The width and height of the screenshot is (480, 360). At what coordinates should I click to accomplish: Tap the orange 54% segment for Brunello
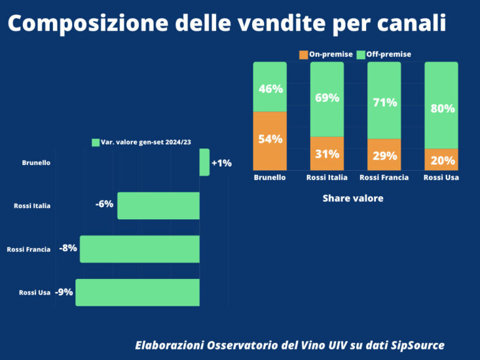270,139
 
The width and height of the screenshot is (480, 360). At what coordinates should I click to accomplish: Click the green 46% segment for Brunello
270,87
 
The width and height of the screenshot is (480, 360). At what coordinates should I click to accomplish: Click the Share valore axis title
352,198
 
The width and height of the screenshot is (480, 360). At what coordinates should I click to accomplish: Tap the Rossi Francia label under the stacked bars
384,177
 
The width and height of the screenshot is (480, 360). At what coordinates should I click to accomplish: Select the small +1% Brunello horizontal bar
204,162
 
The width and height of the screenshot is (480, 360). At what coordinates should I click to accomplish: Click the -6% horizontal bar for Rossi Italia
158,206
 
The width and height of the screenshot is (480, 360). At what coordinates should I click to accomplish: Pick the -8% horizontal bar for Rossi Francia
139,249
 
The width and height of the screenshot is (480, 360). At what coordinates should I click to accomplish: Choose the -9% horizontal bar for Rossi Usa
138,292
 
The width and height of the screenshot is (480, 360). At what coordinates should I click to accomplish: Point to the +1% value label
221,163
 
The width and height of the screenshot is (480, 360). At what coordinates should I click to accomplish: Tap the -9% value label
64,292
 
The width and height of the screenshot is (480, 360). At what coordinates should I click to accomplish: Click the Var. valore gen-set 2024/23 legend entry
145,142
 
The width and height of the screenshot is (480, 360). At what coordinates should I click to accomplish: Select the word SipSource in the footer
414,345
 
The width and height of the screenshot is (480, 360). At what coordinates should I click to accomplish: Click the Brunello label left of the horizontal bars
36,163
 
